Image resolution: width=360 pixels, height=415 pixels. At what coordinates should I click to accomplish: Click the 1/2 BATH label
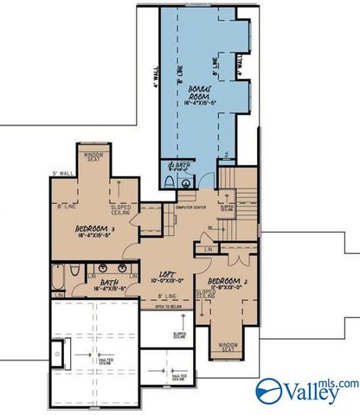point(178,165)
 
